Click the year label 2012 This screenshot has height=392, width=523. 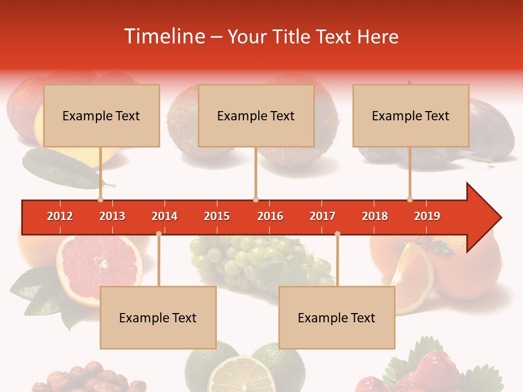[60, 216]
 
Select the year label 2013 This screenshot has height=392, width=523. [112, 216]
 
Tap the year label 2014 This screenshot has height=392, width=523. [165, 216]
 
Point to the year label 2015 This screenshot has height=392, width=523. [217, 216]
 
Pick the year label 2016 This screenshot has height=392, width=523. [270, 216]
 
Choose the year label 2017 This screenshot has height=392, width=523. [323, 216]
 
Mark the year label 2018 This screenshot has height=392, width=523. [375, 216]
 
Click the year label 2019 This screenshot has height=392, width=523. [427, 216]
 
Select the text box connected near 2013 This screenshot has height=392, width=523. [101, 115]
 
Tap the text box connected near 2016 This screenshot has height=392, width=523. [256, 115]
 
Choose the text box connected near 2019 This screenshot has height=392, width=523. [411, 115]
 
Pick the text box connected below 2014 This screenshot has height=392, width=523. [158, 317]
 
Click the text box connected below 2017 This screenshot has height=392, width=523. [337, 317]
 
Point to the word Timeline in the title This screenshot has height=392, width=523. [163, 36]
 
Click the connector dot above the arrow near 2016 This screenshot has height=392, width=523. [256, 199]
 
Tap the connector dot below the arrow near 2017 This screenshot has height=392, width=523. [337, 234]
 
